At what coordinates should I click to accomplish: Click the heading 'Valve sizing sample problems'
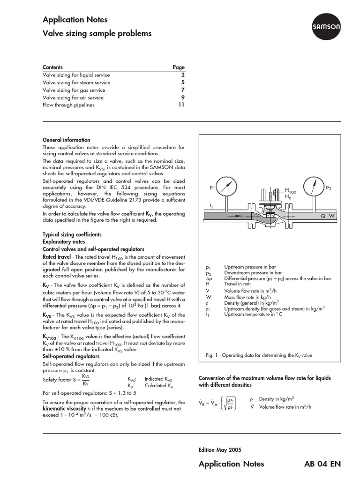[97, 34]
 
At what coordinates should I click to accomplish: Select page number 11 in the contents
[181, 105]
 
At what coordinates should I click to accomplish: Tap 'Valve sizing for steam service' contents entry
[76, 82]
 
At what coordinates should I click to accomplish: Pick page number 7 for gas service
[183, 90]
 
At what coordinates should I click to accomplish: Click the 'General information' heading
[67, 140]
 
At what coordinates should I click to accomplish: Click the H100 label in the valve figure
[291, 191]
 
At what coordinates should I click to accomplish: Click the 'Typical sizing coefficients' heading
[72, 234]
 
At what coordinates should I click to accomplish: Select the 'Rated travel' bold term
[57, 257]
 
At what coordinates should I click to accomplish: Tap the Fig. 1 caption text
[259, 355]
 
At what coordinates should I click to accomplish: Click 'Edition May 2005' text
[220, 450]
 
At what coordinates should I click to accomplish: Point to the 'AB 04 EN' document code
[322, 464]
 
